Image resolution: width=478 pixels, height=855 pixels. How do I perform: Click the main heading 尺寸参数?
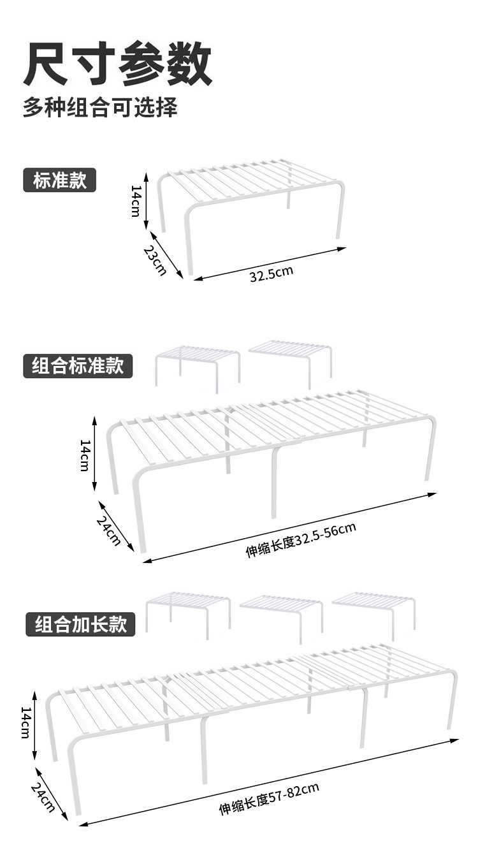(x=118, y=64)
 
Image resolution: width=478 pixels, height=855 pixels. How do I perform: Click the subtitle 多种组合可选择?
(x=100, y=106)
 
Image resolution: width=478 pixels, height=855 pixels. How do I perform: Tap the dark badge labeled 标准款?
(x=60, y=180)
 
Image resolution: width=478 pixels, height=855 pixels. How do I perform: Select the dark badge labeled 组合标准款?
(x=78, y=366)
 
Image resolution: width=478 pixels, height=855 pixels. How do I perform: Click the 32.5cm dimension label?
(x=271, y=275)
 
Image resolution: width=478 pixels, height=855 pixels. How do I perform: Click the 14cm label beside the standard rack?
(x=135, y=201)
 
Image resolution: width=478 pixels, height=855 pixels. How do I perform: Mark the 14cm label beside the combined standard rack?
(x=84, y=455)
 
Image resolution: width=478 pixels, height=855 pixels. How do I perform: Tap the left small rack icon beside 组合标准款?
(x=197, y=366)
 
